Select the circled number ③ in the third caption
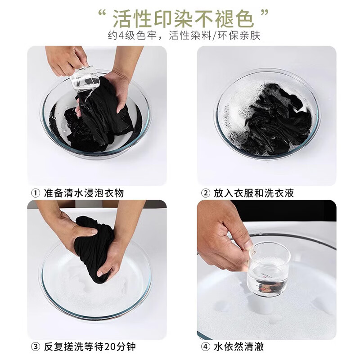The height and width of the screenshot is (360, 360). coord(35,347)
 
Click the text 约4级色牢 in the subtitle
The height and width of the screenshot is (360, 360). coord(128,36)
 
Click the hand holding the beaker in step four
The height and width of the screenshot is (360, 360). coord(227,236)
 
